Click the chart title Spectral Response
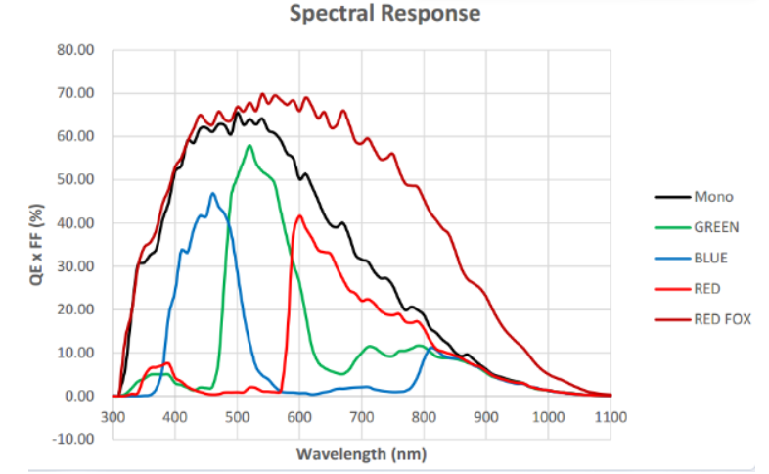coord(385,14)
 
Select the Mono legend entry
coord(713,196)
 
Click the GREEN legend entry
coord(716,226)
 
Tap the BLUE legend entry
coord(711,258)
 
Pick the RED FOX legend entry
coord(722,318)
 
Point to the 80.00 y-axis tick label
coord(76,50)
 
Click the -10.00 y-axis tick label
coord(74,438)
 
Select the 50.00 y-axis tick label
coord(76,179)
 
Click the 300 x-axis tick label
coord(113,416)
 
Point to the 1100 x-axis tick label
coord(611,416)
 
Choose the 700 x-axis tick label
coord(362,416)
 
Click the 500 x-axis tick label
coord(238,416)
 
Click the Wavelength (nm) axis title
coord(361,454)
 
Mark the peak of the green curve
coord(249,146)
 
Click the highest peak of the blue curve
coord(212,193)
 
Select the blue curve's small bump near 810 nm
coord(431,348)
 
